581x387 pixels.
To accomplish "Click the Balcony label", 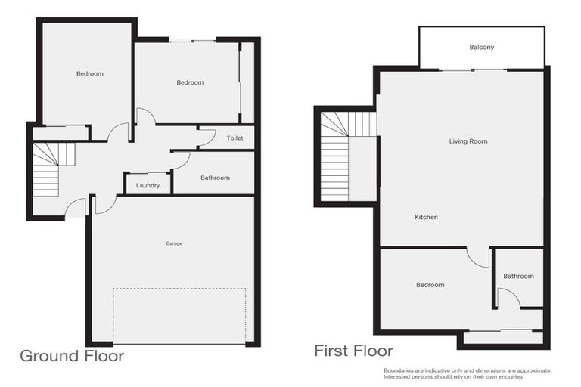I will tap(482, 48).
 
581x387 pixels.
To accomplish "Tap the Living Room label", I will tap(468, 141).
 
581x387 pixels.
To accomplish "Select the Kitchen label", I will tap(426, 218).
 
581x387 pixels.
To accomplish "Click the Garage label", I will tap(175, 243).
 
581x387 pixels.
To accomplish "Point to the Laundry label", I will tap(148, 185).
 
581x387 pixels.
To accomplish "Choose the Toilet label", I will tap(235, 139).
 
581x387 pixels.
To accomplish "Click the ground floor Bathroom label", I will tap(215, 178).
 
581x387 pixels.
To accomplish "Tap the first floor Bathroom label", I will tap(518, 277).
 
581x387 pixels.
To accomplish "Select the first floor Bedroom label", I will tap(430, 285).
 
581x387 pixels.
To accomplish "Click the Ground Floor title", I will tap(71, 355).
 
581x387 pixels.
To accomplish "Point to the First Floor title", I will tap(353, 351).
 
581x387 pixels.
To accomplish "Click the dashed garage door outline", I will tap(179, 315).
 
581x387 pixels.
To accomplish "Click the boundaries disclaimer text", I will tap(468, 373).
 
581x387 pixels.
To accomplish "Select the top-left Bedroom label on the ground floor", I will tap(89, 74).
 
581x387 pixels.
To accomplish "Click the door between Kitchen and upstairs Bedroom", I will tap(477, 257).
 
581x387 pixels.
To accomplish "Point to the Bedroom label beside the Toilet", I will tap(190, 83).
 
